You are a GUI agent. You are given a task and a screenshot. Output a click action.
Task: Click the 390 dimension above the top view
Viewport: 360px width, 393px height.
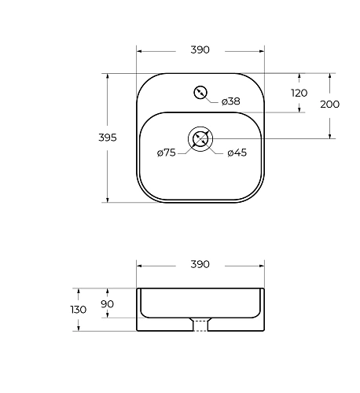click(200, 50)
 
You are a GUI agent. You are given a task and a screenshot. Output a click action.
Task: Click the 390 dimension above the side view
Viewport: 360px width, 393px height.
click(200, 264)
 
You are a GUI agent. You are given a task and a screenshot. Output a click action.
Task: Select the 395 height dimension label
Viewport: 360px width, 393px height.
click(108, 138)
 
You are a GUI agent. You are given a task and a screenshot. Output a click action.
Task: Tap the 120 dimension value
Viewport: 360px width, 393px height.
click(299, 93)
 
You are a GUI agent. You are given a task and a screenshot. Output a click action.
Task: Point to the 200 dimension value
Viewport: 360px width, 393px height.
click(330, 105)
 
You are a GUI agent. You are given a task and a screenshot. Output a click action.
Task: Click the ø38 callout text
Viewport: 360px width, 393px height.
click(231, 101)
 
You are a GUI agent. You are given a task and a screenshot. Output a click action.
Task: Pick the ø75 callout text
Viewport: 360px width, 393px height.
click(167, 152)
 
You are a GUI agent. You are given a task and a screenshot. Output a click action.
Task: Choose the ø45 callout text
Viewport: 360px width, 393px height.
click(237, 152)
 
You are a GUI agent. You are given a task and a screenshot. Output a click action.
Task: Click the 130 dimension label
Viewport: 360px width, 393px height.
click(79, 310)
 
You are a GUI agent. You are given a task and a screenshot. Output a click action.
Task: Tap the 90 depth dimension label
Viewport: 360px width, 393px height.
click(108, 304)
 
